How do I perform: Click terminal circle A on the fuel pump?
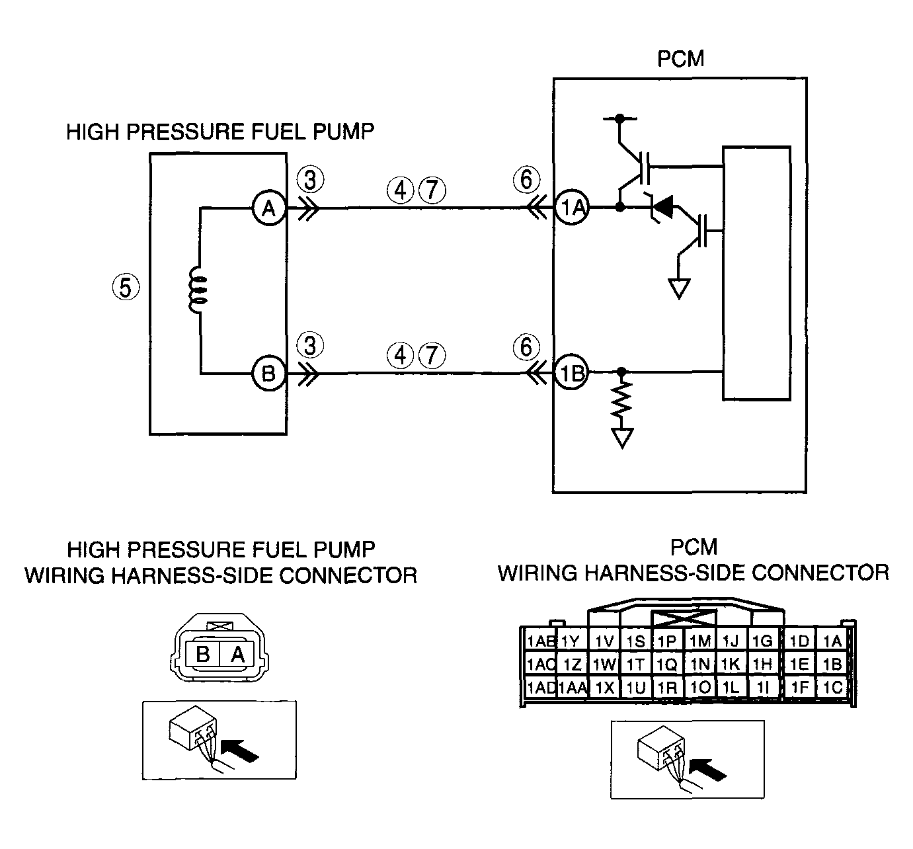269,208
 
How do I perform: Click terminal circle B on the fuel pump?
269,373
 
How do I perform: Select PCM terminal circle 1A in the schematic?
572,208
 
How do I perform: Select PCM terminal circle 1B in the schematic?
571,373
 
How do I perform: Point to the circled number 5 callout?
126,288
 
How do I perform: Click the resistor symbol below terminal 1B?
621,398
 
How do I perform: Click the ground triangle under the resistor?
622,437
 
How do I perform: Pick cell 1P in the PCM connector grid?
667,641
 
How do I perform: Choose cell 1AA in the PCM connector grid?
573,688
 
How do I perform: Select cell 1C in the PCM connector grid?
832,688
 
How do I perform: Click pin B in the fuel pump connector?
202,653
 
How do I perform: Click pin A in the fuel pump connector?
237,653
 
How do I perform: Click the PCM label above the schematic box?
681,59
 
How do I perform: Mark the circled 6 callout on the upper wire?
527,179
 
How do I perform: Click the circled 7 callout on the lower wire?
432,355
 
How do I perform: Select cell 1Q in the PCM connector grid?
667,664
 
